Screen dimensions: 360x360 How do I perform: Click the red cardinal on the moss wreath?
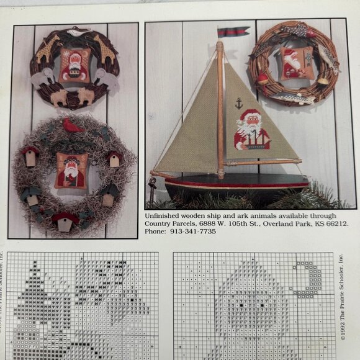click(74, 126)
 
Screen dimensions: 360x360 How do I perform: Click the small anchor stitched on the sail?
click(239, 103)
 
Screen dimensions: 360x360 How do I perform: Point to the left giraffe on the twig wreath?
click(47, 50)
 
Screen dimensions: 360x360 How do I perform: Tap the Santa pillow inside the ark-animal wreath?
click(76, 65)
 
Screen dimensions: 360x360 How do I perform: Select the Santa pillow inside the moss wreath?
click(71, 170)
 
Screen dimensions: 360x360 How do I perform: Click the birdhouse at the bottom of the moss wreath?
click(65, 222)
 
